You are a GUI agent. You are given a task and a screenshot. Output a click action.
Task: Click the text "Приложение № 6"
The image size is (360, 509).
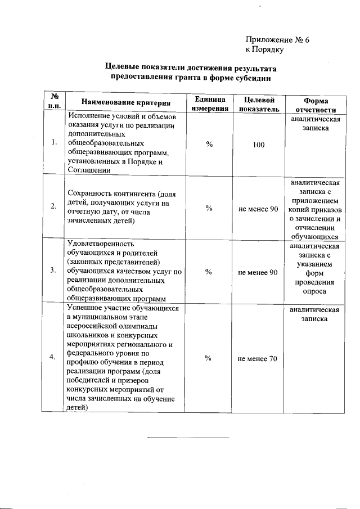click(x=277, y=40)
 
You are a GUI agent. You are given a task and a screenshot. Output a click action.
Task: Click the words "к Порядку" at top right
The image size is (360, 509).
click(x=264, y=49)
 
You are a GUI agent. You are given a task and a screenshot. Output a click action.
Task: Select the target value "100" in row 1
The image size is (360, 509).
click(x=258, y=145)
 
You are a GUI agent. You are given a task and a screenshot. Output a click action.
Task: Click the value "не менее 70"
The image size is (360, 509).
click(x=258, y=359)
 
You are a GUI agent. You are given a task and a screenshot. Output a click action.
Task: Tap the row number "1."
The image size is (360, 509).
click(x=53, y=142)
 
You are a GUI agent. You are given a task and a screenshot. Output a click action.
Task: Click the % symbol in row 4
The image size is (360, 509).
click(x=209, y=358)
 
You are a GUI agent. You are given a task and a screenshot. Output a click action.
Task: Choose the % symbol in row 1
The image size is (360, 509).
click(x=209, y=145)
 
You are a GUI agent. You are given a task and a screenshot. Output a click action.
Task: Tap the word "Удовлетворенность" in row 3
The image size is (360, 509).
click(x=100, y=244)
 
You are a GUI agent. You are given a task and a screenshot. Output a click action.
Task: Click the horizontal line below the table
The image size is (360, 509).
click(x=188, y=437)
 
